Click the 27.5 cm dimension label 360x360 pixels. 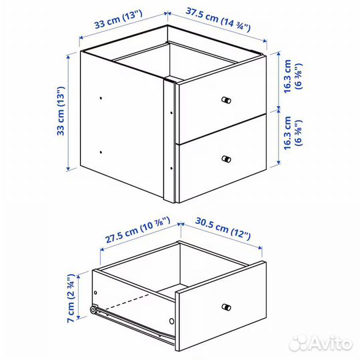[x=136, y=231]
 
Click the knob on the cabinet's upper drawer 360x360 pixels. [x=226, y=100]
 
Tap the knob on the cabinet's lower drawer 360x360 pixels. [x=226, y=159]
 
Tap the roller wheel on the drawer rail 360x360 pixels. [x=93, y=309]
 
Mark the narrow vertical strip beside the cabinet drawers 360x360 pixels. [x=169, y=140]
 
